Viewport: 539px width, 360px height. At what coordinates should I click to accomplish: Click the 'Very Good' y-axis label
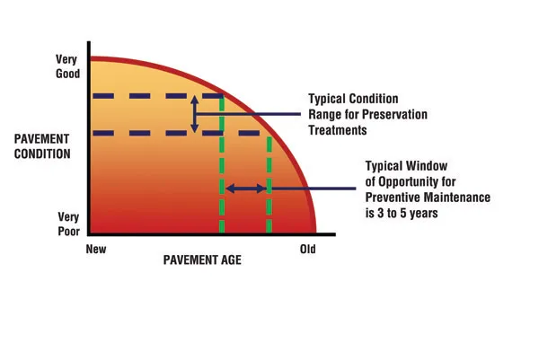tap(67, 66)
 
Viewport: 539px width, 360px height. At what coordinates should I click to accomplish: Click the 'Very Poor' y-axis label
tap(69, 224)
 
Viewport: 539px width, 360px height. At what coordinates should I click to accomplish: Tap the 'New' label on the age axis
tap(96, 249)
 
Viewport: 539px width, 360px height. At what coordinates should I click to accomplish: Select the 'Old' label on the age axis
tap(307, 249)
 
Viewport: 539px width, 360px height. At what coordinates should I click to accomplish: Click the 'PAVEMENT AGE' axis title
tap(202, 260)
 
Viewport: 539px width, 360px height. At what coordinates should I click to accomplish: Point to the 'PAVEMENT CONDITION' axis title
tap(42, 146)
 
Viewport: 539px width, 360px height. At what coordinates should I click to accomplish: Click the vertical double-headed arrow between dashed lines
tap(195, 114)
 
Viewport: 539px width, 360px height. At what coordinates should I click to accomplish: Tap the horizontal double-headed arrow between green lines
tap(246, 189)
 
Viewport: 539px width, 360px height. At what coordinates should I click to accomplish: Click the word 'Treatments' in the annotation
tap(338, 130)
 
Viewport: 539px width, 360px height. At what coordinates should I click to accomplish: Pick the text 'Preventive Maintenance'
tap(428, 198)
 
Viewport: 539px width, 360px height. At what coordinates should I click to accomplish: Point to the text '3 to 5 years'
tap(407, 214)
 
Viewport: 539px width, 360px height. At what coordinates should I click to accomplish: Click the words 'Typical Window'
tap(406, 166)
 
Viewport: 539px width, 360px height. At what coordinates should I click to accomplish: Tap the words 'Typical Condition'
tap(353, 99)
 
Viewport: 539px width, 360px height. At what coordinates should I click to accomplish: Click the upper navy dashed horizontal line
tap(158, 96)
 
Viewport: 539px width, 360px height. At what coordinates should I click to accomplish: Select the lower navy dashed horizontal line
tap(176, 133)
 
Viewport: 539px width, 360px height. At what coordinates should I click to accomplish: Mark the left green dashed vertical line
tap(222, 165)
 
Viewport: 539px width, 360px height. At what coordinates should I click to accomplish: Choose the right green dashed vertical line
tap(269, 185)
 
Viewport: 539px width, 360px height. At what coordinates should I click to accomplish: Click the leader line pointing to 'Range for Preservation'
tap(248, 114)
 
